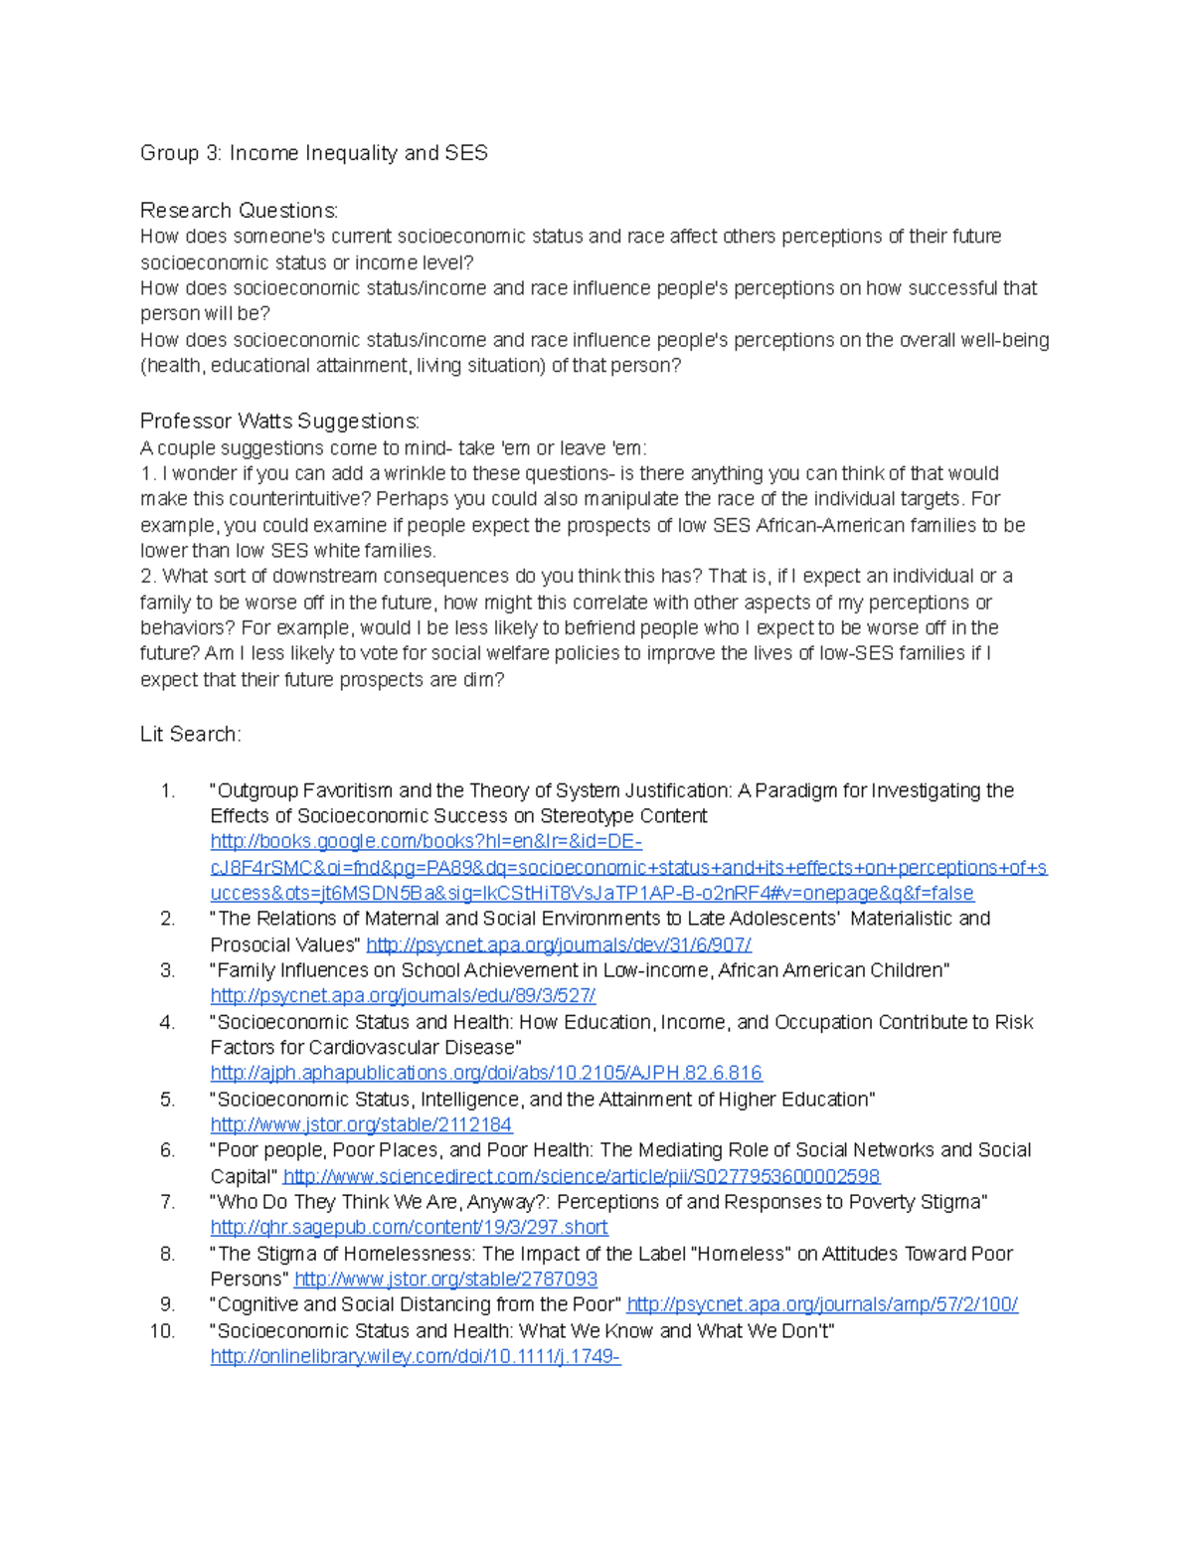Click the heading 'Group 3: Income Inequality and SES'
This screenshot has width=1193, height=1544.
[314, 153]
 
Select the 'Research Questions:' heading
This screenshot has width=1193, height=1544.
[239, 211]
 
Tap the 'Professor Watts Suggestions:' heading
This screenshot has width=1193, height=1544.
[279, 422]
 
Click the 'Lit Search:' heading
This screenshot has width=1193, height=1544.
[190, 735]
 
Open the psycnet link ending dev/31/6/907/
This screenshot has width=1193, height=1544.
[558, 945]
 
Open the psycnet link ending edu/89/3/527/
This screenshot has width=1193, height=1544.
[403, 996]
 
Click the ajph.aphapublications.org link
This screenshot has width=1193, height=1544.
[485, 1074]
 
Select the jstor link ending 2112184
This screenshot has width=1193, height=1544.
[361, 1125]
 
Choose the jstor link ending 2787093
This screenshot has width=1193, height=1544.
[445, 1280]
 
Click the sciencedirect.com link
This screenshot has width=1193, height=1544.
[581, 1177]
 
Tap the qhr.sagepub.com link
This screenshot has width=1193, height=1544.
[409, 1228]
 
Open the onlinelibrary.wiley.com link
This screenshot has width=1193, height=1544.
[415, 1357]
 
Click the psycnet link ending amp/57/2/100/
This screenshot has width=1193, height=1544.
[821, 1305]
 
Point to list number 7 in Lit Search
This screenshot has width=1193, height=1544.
[167, 1203]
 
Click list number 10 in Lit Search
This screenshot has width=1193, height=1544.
[162, 1331]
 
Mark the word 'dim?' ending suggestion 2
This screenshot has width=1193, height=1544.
[483, 680]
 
